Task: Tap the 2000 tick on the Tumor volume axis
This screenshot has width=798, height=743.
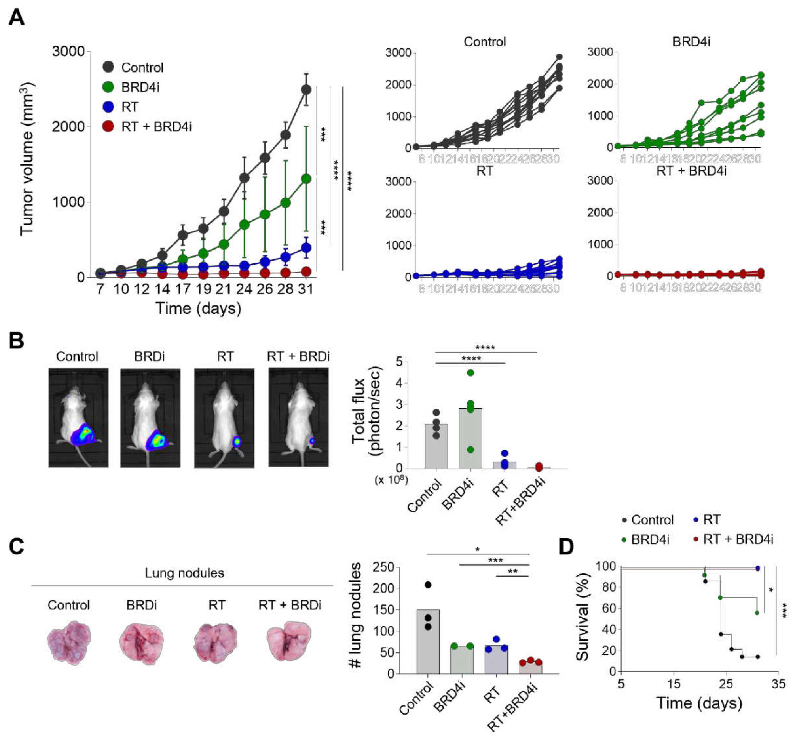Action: (x=68, y=127)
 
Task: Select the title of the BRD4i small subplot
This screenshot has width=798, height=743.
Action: (x=691, y=42)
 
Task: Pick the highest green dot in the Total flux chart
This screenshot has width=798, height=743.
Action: (x=471, y=373)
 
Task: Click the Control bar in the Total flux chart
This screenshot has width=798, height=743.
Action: (x=436, y=447)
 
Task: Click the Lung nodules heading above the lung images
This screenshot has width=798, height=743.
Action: (x=184, y=573)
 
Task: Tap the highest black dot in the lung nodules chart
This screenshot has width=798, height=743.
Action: (x=428, y=585)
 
